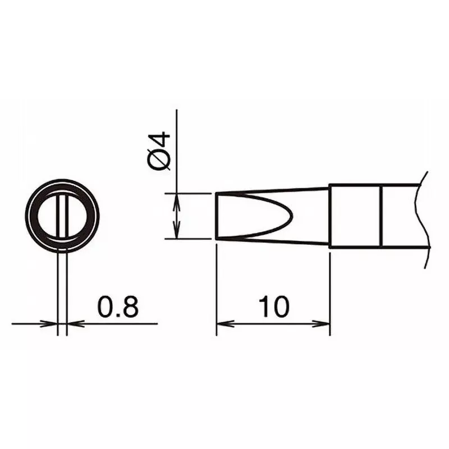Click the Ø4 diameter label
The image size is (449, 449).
pos(159,151)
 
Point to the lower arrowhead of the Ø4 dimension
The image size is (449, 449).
pos(177,233)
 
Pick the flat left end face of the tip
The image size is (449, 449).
pos(217,216)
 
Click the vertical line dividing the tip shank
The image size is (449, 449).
pos(381,216)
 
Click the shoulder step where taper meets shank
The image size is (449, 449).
pos(329,216)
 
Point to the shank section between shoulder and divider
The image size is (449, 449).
pos(355,216)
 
